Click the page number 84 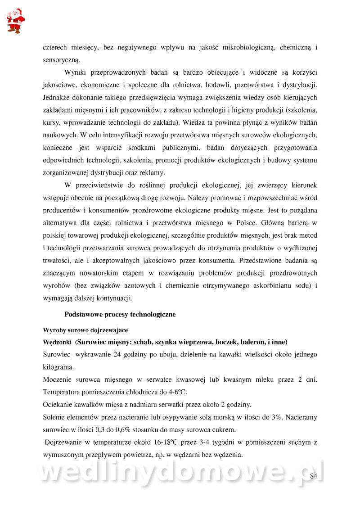coord(314,476)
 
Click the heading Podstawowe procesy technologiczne coord(120,314)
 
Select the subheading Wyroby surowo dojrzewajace coord(85,330)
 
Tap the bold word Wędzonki coord(57,342)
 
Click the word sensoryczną coord(61,59)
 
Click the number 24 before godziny coord(119,354)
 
